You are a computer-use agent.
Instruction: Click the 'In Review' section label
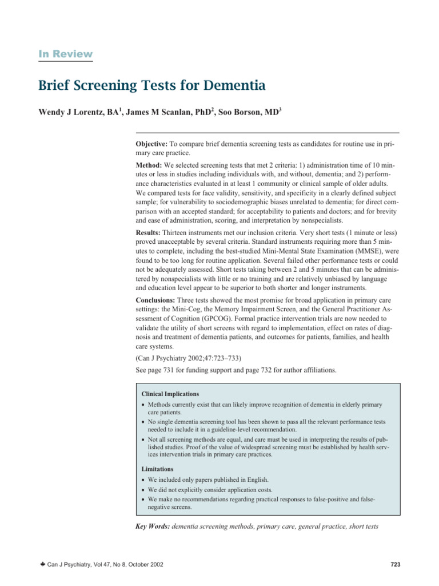pyautogui.click(x=65, y=54)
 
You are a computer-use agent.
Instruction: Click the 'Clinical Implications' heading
pyautogui.click(x=170, y=394)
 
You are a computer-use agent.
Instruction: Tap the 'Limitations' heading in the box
pyautogui.click(x=158, y=469)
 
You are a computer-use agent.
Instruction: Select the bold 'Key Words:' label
pyautogui.click(x=151, y=525)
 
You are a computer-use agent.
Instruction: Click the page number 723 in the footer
pyautogui.click(x=394, y=565)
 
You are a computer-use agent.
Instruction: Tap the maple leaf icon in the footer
pyautogui.click(x=41, y=565)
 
